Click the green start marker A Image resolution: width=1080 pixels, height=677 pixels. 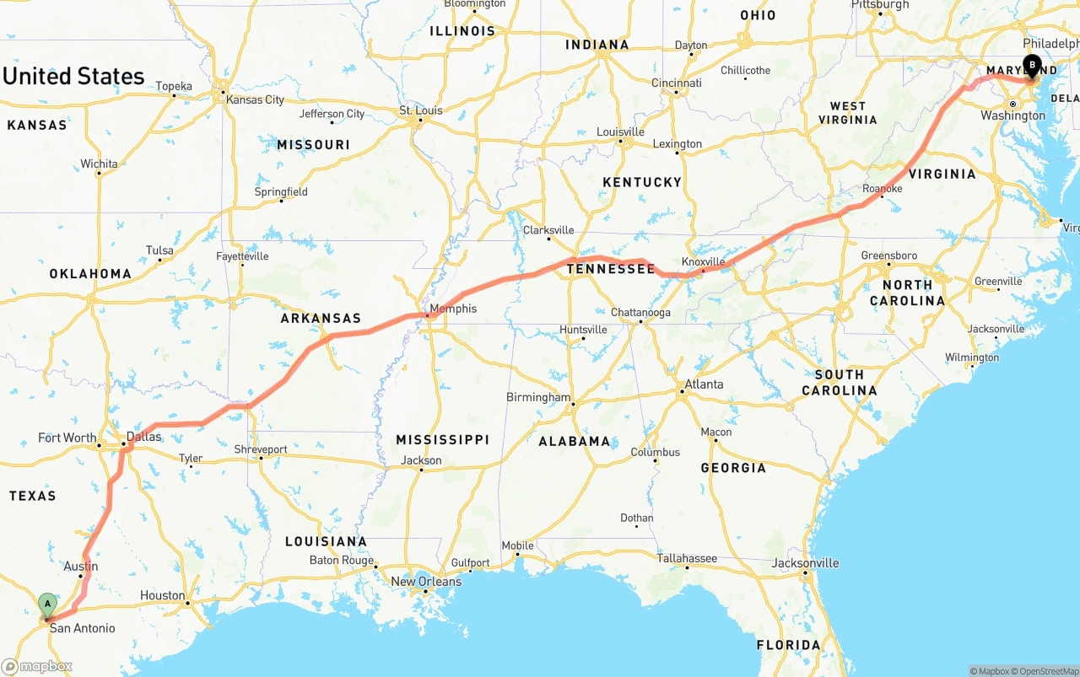(48, 604)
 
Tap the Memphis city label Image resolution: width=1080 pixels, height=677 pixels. (453, 309)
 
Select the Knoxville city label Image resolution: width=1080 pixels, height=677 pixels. (703, 262)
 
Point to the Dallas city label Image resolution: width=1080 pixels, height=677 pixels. (143, 437)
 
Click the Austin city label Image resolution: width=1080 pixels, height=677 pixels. (81, 567)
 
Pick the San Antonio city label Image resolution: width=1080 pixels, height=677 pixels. (82, 628)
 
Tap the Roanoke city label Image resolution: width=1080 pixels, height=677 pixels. (882, 189)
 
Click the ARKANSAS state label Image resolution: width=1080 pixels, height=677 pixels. (321, 319)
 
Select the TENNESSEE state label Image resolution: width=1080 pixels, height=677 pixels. (610, 269)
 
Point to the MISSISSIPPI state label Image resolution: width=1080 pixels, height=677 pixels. (442, 439)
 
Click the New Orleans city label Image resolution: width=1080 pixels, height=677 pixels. (426, 581)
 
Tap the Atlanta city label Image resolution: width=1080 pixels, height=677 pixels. (704, 384)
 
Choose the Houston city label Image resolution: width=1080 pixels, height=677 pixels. (162, 595)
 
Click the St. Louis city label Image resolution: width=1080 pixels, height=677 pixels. (421, 110)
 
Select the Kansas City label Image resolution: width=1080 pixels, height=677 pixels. (255, 99)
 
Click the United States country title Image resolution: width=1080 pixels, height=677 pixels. (73, 76)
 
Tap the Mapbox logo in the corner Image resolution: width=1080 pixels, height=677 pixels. (37, 667)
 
